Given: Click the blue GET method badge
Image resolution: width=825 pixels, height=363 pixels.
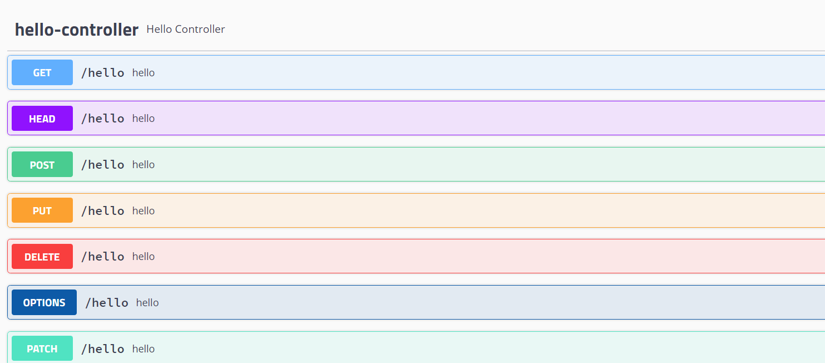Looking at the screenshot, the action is point(42,72).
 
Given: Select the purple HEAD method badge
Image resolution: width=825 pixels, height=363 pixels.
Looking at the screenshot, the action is point(42,119).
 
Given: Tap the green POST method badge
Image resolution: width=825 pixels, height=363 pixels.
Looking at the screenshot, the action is point(42,165).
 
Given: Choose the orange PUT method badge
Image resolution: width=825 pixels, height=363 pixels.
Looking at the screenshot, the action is point(42,210).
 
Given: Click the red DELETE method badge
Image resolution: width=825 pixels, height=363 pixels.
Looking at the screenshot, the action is point(42,257).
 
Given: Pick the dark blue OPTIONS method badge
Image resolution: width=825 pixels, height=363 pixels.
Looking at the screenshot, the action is point(44,302).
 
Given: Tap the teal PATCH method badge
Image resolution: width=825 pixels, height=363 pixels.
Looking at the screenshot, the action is point(42,349).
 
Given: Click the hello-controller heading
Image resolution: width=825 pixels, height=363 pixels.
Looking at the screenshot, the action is point(77,30).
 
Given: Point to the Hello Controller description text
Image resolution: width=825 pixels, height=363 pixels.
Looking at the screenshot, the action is point(186,29).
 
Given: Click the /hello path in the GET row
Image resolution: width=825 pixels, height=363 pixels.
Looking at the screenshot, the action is point(103,73).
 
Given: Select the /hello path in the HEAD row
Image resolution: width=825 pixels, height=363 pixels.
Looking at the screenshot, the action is point(103,119).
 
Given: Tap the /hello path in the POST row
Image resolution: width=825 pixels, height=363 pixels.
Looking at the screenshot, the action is point(103,165).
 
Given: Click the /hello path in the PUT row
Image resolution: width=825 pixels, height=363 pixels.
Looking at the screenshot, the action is point(103,211).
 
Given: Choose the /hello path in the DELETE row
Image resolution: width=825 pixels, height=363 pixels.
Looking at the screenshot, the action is point(103,257).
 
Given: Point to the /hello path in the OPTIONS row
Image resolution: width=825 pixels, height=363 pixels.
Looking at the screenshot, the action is point(107,303).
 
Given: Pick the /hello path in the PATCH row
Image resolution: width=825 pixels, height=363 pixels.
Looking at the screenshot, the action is point(103,349).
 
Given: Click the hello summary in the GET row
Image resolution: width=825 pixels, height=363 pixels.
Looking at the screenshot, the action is point(144,73).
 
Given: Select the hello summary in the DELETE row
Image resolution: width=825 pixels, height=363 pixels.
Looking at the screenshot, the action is point(144,257).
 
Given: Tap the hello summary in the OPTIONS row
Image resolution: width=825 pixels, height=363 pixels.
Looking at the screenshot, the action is point(147,303).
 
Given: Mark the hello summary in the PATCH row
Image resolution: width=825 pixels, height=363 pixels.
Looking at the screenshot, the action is point(144,349).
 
